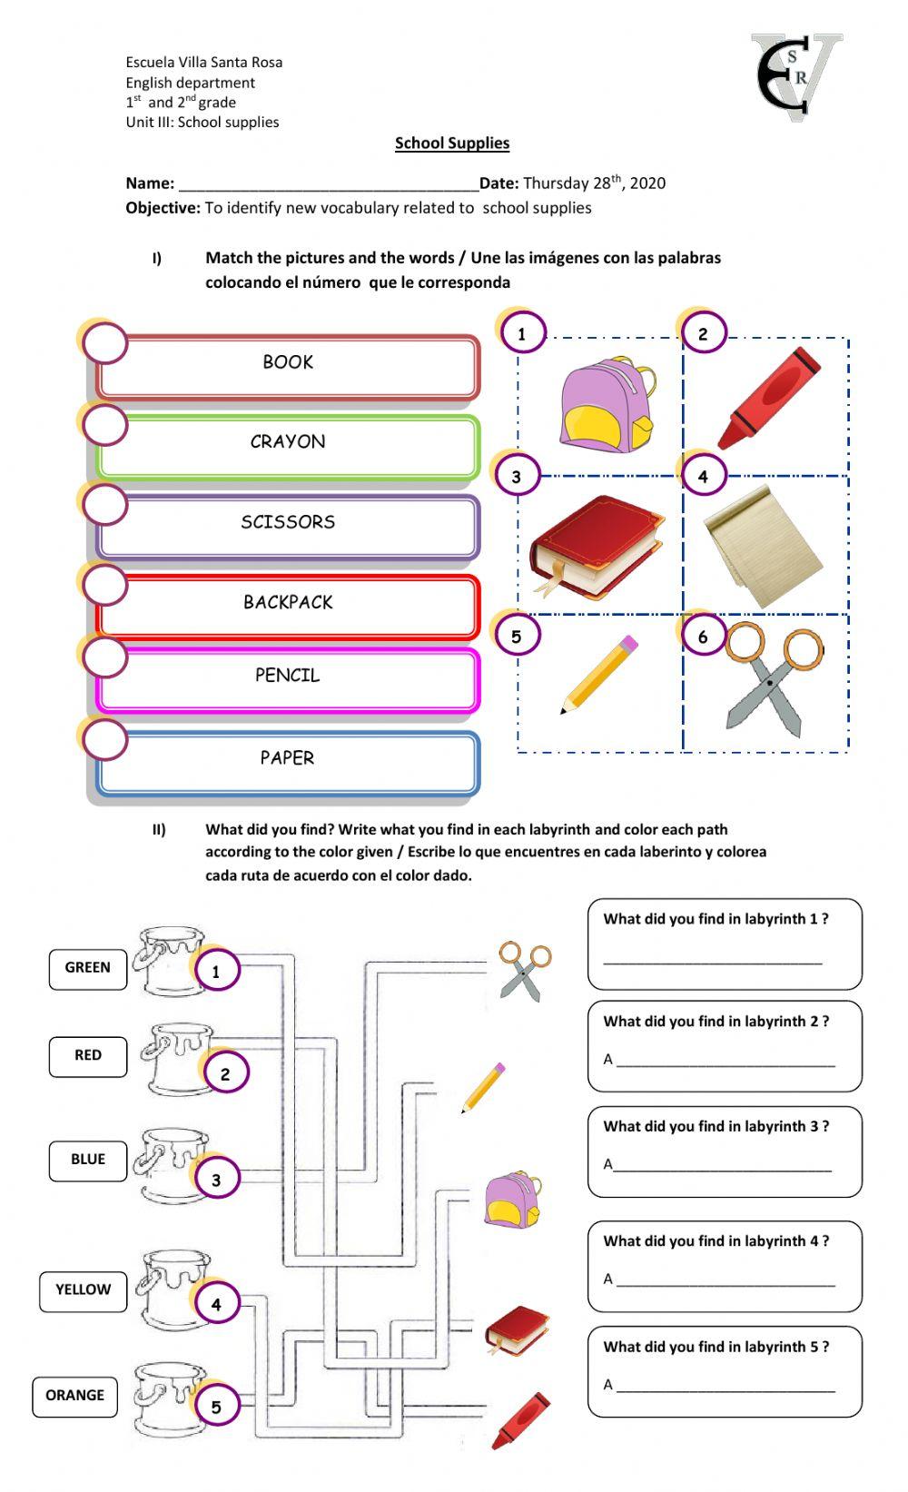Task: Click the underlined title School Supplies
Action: [x=452, y=143]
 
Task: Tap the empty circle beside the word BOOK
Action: [x=104, y=343]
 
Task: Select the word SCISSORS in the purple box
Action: [x=288, y=522]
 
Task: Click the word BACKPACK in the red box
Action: [x=288, y=602]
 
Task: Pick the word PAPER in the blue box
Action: [x=287, y=758]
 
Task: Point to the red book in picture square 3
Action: [x=597, y=547]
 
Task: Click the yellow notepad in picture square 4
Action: [x=765, y=548]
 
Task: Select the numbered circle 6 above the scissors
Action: [x=702, y=637]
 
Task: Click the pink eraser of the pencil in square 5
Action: [x=627, y=645]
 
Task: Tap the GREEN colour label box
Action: [x=88, y=968]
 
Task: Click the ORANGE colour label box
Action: [x=75, y=1396]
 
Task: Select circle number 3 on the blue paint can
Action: [x=216, y=1181]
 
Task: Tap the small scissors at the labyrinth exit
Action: [x=525, y=970]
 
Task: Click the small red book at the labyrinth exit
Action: [x=517, y=1330]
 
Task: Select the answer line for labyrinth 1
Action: [x=713, y=962]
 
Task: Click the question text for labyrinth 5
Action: [x=716, y=1347]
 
